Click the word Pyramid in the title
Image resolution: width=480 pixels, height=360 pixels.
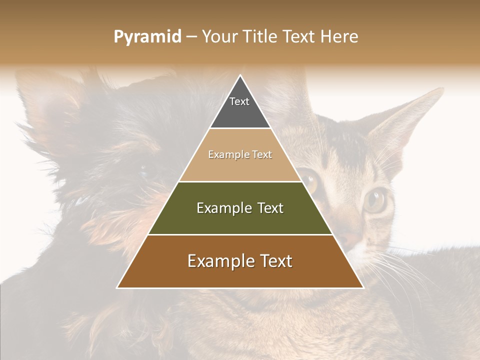point(147,37)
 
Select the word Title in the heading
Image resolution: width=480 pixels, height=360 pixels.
point(259,37)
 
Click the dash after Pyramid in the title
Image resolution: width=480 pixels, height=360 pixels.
point(191,37)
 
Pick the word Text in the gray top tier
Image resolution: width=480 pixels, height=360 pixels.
point(239,101)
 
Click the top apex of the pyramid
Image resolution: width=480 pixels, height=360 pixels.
point(240,75)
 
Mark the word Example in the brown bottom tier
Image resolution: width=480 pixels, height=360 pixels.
point(218,261)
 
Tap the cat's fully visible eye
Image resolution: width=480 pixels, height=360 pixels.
point(375,200)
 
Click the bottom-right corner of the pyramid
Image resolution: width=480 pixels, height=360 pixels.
point(363,288)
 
